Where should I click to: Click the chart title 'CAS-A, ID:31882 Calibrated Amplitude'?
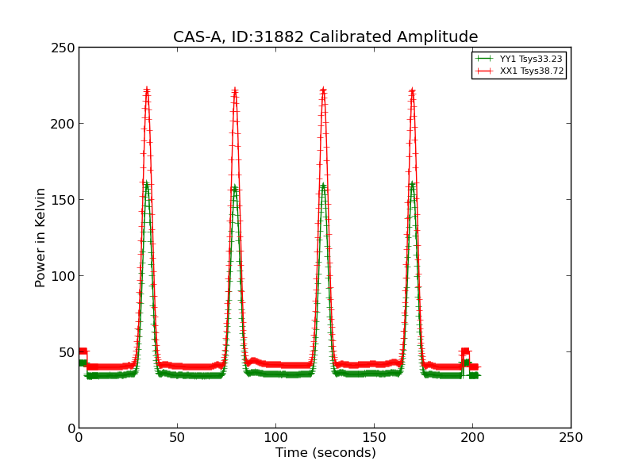[x=325, y=37]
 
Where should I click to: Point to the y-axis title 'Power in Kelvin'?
[x=40, y=237]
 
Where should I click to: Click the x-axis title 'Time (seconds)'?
[x=325, y=453]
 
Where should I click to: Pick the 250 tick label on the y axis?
[x=65, y=48]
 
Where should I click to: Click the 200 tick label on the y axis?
[x=65, y=124]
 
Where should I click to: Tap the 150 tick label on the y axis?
[x=65, y=200]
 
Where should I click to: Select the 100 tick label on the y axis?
[x=65, y=276]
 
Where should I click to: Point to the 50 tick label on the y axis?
[x=68, y=352]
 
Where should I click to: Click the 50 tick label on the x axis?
[x=177, y=437]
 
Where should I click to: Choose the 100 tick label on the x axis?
[x=275, y=437]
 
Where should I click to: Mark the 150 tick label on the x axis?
[x=374, y=437]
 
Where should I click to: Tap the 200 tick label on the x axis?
[x=472, y=437]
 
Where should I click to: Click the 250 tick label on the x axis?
[x=571, y=437]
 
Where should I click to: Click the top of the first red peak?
[x=147, y=90]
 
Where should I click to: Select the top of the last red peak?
[x=412, y=91]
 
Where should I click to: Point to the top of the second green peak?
[x=235, y=188]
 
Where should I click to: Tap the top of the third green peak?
[x=323, y=186]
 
